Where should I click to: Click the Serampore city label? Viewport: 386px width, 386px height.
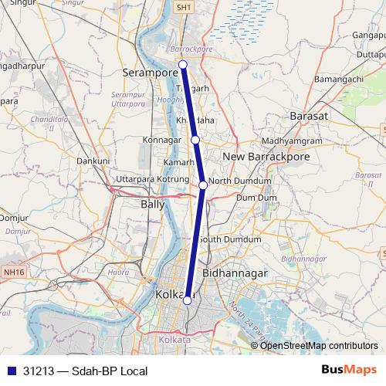(149, 72)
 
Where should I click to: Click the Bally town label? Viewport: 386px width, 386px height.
(152, 205)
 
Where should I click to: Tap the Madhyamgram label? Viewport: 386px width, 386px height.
(291, 141)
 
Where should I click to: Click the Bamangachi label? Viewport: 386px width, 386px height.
(340, 80)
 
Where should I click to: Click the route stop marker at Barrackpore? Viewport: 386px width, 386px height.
(184, 65)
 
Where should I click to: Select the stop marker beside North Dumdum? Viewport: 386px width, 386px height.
(203, 185)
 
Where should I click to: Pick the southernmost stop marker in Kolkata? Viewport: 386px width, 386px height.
(188, 301)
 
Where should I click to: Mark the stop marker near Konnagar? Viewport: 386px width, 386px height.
(196, 140)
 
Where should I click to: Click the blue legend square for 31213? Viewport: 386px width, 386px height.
(9, 371)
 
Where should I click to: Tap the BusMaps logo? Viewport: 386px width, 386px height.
(349, 371)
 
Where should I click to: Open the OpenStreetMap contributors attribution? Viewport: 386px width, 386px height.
(319, 345)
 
